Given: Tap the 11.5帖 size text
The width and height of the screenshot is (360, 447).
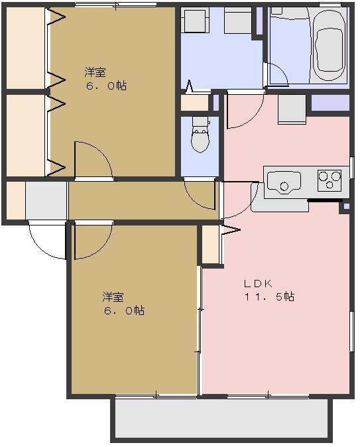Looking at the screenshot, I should [270, 297].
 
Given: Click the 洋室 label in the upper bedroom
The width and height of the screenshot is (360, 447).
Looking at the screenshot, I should [95, 72].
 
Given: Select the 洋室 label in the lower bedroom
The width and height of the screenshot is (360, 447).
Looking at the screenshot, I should [113, 296].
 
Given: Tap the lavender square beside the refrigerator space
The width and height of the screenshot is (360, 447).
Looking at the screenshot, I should [330, 103].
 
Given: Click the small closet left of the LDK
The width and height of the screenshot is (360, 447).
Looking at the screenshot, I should [211, 245].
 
